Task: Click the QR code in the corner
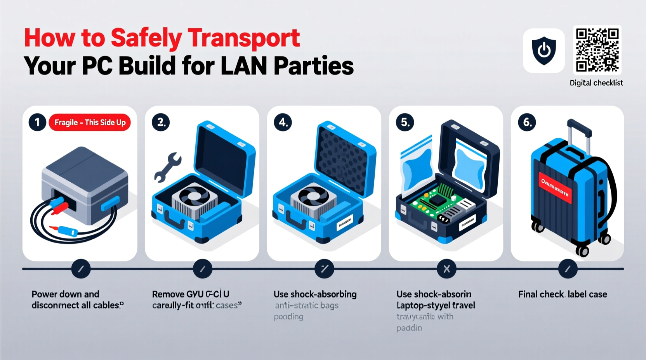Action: (x=597, y=50)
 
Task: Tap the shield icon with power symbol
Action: (x=544, y=50)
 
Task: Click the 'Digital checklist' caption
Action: (x=596, y=83)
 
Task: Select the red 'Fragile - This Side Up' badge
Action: (x=90, y=123)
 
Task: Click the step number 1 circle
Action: (x=37, y=123)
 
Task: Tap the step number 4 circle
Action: (x=283, y=123)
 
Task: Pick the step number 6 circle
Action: (x=527, y=123)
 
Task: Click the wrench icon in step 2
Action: (x=167, y=167)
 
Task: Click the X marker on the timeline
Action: (x=446, y=269)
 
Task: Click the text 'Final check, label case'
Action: (x=563, y=294)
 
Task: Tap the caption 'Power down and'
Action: (x=65, y=294)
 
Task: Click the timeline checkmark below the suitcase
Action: (x=568, y=269)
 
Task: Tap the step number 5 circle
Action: (x=405, y=123)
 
